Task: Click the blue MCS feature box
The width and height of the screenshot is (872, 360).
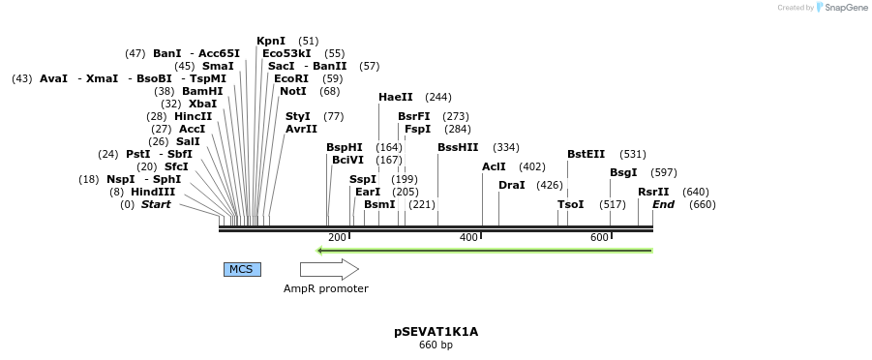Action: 241,269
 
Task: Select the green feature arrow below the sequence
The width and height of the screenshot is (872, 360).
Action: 485,251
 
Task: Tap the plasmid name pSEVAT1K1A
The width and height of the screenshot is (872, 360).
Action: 436,332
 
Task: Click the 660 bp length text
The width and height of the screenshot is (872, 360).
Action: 436,345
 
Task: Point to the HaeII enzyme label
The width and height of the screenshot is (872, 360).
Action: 396,97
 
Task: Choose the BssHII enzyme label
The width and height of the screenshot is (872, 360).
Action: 458,147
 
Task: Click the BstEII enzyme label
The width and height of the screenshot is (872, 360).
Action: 586,154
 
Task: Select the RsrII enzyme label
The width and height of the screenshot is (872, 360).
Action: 653,192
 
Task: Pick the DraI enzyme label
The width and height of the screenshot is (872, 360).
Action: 512,185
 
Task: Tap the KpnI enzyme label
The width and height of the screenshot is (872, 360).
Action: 271,41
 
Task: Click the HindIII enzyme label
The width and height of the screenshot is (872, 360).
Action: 153,192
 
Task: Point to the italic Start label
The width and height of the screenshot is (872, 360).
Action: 156,204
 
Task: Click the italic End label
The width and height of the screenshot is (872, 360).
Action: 663,204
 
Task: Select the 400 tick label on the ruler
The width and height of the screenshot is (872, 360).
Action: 469,238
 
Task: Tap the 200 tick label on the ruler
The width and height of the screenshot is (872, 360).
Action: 337,238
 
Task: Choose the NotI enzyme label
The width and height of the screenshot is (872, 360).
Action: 293,91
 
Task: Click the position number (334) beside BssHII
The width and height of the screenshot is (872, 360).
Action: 506,147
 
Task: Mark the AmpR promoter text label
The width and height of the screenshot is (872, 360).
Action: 325,288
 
